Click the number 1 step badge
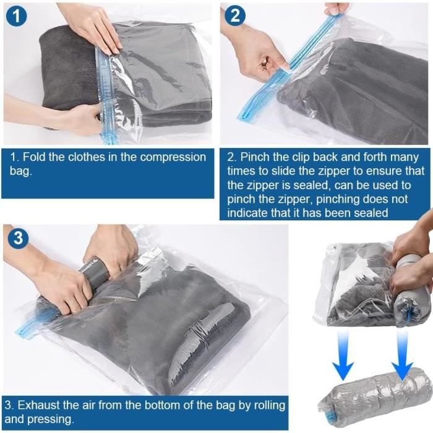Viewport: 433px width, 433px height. pyautogui.click(x=16, y=16)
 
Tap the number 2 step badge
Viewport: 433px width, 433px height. pyautogui.click(x=234, y=15)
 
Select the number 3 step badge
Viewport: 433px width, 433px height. pyautogui.click(x=18, y=238)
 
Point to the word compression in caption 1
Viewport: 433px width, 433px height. pyautogui.click(x=173, y=158)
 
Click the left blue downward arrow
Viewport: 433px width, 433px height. pyautogui.click(x=343, y=356)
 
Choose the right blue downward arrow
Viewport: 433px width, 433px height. pyautogui.click(x=402, y=356)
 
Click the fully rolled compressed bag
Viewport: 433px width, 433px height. pyautogui.click(x=374, y=397)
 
